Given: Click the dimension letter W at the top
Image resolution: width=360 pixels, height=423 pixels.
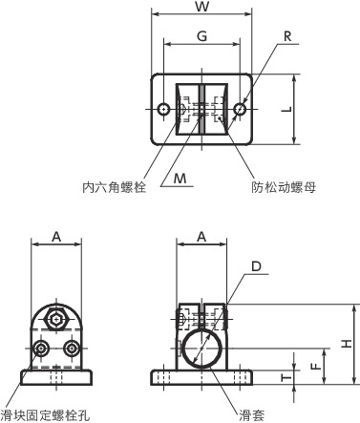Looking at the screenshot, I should [x=201, y=9].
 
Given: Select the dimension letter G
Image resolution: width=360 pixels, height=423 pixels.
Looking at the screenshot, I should [x=201, y=36].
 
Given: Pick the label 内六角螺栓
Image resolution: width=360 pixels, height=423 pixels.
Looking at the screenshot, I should [x=114, y=188].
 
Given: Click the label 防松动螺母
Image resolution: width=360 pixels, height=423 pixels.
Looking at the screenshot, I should [x=285, y=188].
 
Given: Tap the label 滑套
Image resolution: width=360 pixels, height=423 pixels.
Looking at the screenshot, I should [x=251, y=415].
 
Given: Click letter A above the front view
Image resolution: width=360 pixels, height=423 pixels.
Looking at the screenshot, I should [x=56, y=235].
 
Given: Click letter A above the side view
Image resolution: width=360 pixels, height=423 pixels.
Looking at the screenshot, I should [x=201, y=235].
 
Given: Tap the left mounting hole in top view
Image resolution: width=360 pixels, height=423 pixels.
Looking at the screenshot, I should [x=164, y=109].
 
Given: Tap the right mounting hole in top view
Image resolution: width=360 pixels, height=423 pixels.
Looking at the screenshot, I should [x=238, y=109].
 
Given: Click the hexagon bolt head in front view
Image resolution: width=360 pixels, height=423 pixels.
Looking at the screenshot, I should [x=56, y=320].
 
